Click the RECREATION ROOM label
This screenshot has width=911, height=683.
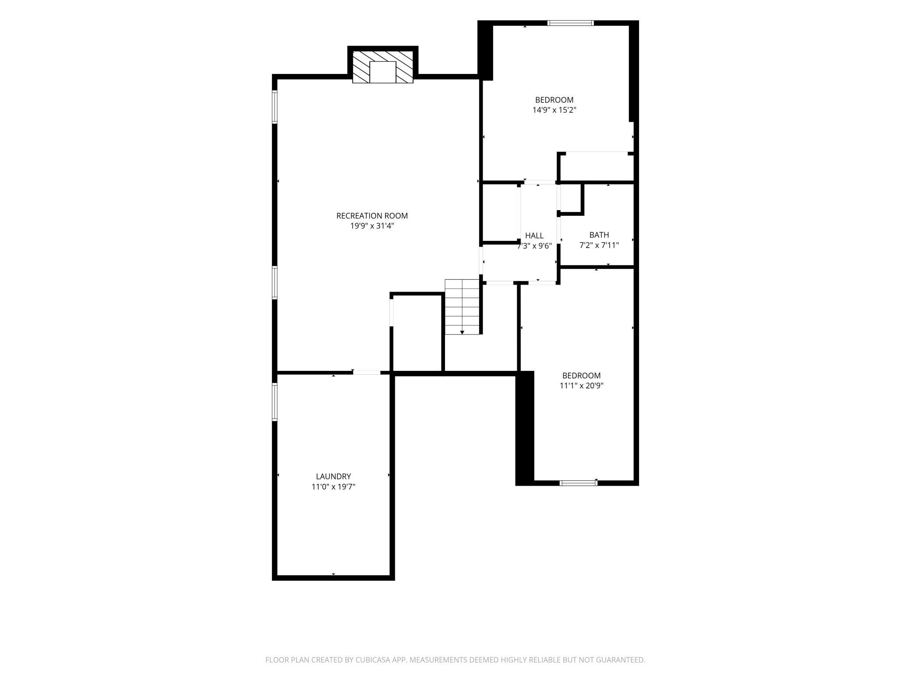click(x=372, y=216)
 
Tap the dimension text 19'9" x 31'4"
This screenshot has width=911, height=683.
click(x=372, y=226)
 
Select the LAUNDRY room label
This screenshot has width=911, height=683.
click(x=333, y=476)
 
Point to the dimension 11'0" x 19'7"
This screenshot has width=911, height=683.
click(x=333, y=486)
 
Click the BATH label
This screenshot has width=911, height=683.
click(x=599, y=235)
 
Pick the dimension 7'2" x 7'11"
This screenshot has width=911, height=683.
click(x=599, y=245)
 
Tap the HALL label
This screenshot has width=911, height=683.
click(x=534, y=236)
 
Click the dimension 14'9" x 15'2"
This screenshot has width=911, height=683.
click(x=554, y=110)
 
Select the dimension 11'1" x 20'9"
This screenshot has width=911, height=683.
click(x=581, y=386)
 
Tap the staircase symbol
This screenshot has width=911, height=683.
click(x=462, y=307)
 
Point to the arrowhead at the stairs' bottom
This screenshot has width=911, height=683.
click(x=462, y=333)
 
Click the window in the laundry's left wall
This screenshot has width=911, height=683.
click(x=275, y=402)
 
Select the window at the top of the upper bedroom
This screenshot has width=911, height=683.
click(x=570, y=23)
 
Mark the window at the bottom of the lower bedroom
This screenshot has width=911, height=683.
click(x=579, y=483)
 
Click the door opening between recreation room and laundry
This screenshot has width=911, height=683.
click(x=367, y=373)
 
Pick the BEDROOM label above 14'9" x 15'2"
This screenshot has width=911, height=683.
click(x=554, y=100)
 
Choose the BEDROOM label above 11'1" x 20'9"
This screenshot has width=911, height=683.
click(x=581, y=376)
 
